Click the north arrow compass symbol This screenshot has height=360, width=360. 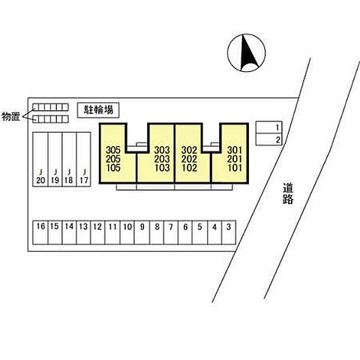[246, 52]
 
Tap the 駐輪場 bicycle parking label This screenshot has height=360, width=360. [98, 110]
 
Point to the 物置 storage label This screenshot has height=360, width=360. [10, 116]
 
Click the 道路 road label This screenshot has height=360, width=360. [288, 193]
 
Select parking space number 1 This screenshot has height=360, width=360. [268, 127]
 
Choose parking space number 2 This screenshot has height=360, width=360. [268, 139]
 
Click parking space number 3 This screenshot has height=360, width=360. [229, 232]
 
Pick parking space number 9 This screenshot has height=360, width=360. [142, 232]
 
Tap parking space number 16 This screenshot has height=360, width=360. [40, 232]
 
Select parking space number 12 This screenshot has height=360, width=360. [97, 232]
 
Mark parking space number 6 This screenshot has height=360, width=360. [185, 232]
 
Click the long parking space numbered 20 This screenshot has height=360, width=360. [40, 159]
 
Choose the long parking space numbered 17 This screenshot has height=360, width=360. [83, 159]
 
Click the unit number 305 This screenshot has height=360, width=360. [113, 150]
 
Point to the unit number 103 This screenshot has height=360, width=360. [162, 168]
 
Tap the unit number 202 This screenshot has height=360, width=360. [189, 159]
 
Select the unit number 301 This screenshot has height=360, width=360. [235, 150]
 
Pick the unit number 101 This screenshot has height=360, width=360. [235, 168]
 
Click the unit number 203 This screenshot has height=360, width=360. [162, 159]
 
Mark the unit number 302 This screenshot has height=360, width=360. [189, 150]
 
